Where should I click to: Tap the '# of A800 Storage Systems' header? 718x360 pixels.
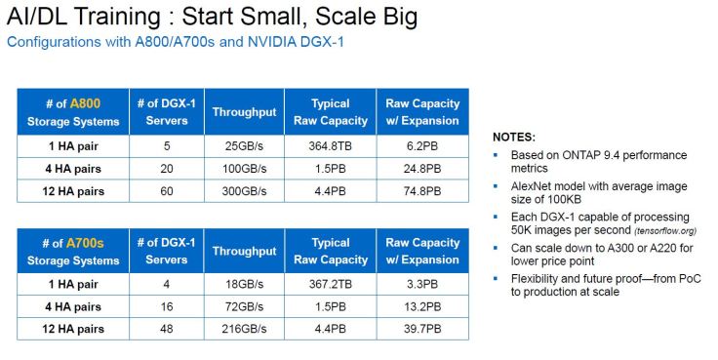point(73,112)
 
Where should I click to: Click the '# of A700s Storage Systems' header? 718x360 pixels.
point(73,251)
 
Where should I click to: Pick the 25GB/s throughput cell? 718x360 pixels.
point(244,146)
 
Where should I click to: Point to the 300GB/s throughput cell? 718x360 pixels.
point(244,191)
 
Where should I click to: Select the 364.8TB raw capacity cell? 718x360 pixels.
point(330,146)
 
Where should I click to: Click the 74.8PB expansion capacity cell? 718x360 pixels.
point(421,191)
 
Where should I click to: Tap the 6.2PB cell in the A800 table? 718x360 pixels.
point(421,146)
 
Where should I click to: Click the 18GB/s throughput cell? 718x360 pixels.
point(244,285)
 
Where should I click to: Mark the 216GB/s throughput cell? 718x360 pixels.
point(244,330)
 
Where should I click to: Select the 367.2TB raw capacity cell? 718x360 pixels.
point(330,285)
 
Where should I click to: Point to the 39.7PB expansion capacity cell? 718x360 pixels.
point(421,330)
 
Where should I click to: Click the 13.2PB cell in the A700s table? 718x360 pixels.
point(421,307)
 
